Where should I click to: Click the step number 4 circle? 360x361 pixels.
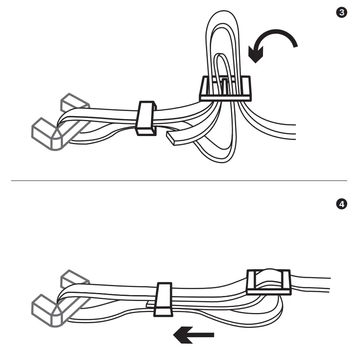click(341, 205)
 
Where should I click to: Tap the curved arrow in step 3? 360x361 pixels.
click(277, 40)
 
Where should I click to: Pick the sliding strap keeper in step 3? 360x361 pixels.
click(146, 118)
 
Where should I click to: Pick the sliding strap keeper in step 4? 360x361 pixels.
click(163, 300)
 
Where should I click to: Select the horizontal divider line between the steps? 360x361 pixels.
click(179, 180)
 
